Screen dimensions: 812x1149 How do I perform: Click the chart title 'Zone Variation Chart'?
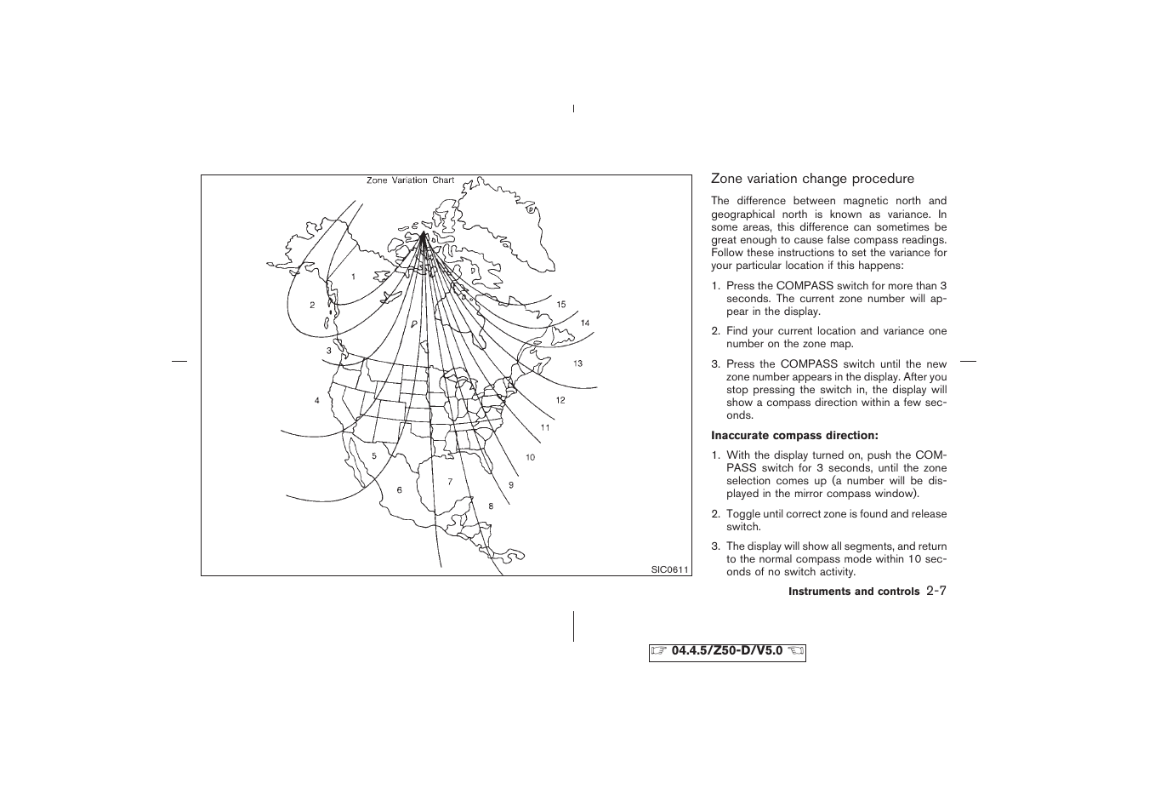click(410, 180)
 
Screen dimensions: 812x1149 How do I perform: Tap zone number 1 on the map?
click(353, 277)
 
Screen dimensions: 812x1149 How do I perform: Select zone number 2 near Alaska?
click(312, 305)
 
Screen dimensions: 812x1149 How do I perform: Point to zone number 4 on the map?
click(316, 400)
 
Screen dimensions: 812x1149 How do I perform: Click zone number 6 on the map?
click(399, 489)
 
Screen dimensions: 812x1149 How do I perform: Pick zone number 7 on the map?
click(450, 482)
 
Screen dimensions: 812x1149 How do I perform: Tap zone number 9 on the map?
click(511, 484)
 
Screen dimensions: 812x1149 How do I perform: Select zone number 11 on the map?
click(545, 427)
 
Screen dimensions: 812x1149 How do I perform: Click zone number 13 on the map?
click(577, 363)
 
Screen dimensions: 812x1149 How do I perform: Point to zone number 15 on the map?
click(561, 304)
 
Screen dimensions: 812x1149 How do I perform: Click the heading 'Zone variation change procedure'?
click(812, 179)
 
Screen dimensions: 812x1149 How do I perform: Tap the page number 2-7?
click(936, 591)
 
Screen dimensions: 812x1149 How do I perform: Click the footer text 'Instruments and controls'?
click(854, 592)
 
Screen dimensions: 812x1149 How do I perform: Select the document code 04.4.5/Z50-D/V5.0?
click(727, 652)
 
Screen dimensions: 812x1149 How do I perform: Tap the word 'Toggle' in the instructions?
click(743, 514)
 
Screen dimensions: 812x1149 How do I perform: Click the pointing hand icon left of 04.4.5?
click(660, 652)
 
